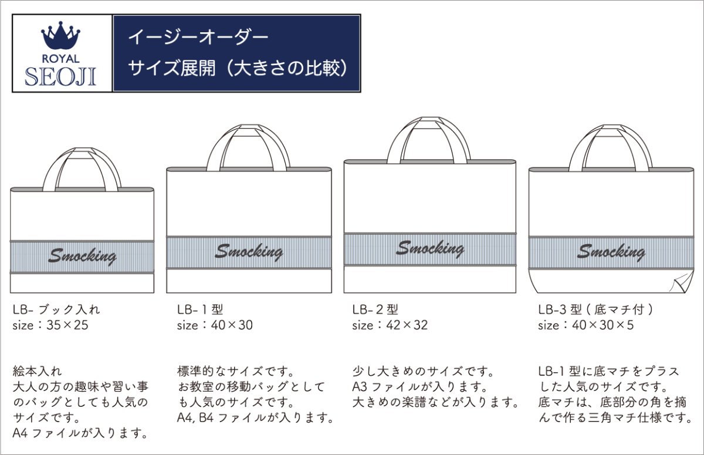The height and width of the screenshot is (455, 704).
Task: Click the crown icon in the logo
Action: pyautogui.click(x=62, y=38)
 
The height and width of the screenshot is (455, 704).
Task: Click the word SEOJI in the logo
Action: pyautogui.click(x=60, y=76)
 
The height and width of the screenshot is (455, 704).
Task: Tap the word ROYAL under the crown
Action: pyautogui.click(x=62, y=59)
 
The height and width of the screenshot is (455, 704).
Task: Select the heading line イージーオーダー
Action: pyautogui.click(x=198, y=38)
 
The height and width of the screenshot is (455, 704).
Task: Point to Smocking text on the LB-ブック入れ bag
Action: pyautogui.click(x=82, y=256)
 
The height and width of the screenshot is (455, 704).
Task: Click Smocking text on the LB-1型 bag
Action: pyautogui.click(x=249, y=252)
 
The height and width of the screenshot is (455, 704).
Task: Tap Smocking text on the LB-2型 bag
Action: pyautogui.click(x=429, y=248)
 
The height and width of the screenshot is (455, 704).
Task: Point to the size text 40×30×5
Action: pyautogui.click(x=604, y=325)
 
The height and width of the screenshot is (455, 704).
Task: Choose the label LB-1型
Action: pyautogui.click(x=200, y=309)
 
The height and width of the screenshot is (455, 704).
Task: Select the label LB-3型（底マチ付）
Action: pyautogui.click(x=595, y=309)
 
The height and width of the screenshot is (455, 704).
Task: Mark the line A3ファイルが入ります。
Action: pyautogui.click(x=420, y=387)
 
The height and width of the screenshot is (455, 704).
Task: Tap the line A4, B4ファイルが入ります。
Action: pyautogui.click(x=256, y=419)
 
